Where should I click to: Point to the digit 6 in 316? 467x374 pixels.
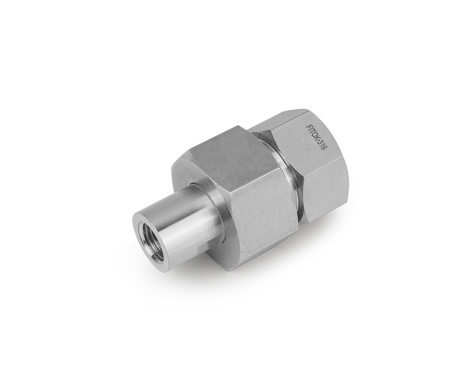point(324,150)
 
